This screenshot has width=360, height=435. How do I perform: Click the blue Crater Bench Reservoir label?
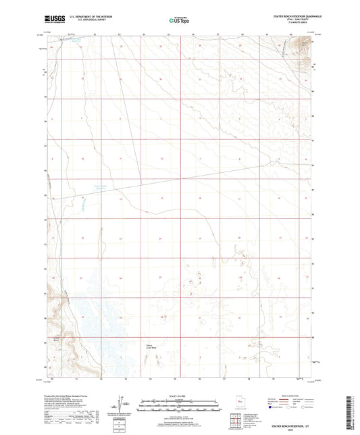pyautogui.click(x=99, y=188)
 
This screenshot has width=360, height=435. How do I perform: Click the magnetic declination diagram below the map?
pyautogui.click(x=122, y=404)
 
